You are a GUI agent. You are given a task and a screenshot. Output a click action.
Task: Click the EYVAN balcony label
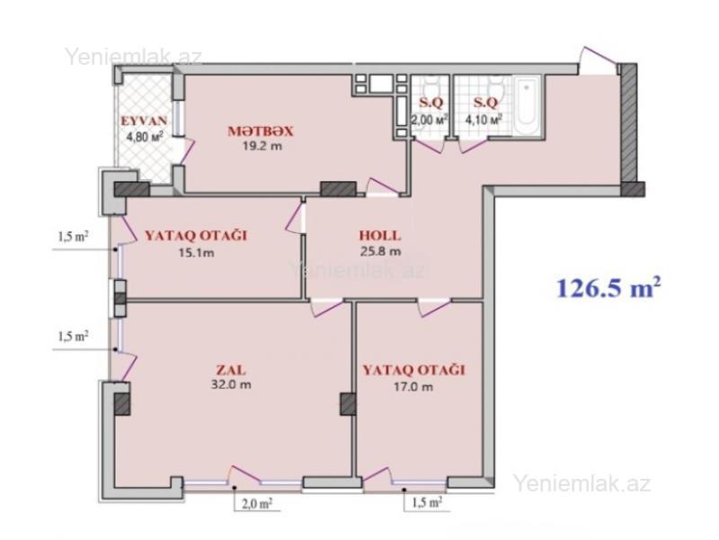[144, 121]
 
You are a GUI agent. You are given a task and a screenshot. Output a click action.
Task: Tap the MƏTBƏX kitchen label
[261, 131]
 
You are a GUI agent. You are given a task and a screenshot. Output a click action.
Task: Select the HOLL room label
[379, 236]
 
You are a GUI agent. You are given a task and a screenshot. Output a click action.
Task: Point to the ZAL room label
[231, 370]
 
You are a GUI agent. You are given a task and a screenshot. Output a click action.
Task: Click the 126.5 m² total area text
[608, 288]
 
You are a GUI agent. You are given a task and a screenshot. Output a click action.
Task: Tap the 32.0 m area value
[231, 384]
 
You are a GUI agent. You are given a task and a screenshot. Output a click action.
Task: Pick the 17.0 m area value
[413, 387]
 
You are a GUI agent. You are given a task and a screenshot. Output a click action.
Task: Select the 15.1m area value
[196, 253]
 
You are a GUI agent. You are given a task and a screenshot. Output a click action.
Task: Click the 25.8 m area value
[380, 251]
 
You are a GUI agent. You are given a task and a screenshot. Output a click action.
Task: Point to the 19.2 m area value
[262, 146]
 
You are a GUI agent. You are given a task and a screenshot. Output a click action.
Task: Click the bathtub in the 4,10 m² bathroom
[528, 105]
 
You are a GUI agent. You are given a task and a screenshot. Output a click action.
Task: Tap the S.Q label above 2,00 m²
[431, 103]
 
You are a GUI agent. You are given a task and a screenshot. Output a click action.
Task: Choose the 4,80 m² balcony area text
[145, 137]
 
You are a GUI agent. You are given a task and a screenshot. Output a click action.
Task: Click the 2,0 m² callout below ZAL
[257, 504]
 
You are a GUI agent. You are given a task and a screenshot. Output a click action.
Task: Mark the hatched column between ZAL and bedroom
[348, 404]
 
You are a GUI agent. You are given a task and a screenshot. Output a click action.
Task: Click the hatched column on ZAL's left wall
[122, 404]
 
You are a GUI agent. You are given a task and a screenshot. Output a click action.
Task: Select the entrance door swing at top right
[599, 59]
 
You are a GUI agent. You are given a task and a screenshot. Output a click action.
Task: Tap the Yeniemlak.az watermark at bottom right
[581, 483]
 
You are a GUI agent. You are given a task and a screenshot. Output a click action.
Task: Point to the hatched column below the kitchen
[339, 189]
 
